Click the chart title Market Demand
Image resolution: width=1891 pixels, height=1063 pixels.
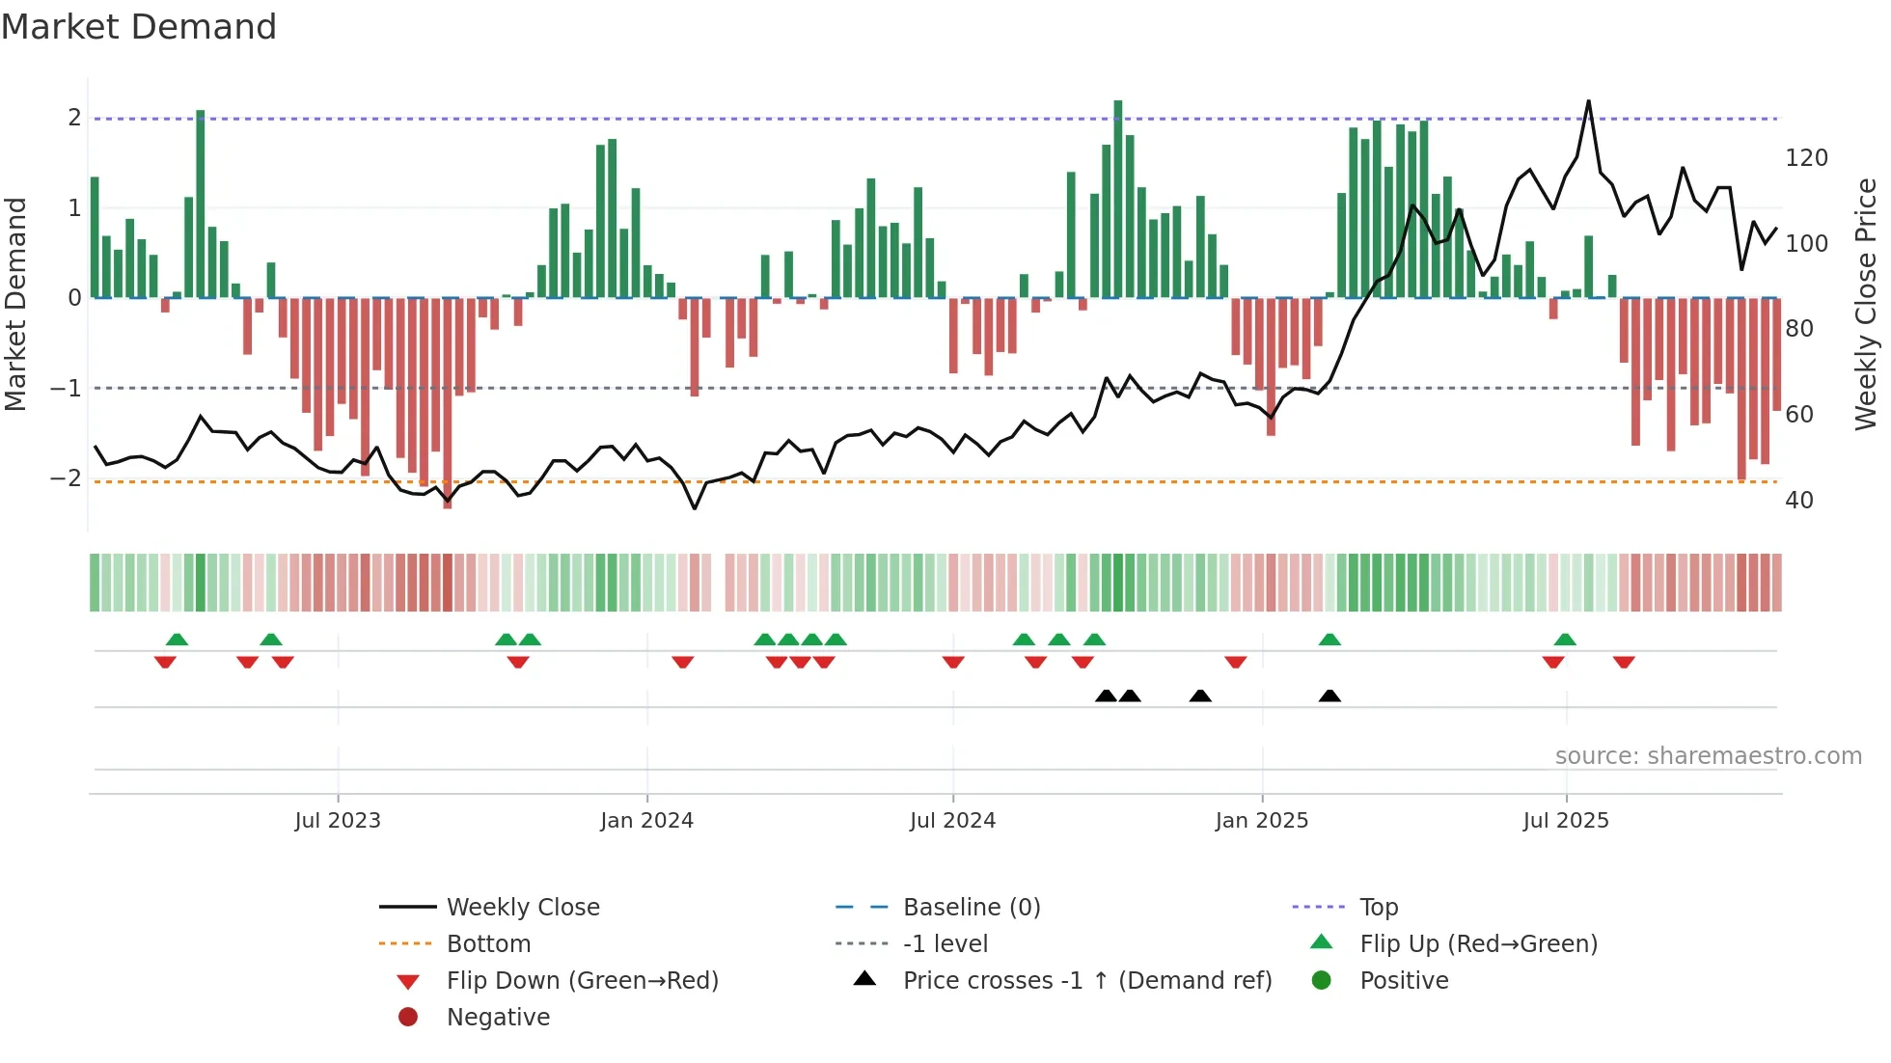139,27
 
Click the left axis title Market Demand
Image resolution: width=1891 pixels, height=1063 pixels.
15,304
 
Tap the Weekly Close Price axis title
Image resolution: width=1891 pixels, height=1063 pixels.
1866,304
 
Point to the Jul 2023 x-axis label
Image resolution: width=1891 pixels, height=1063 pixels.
338,821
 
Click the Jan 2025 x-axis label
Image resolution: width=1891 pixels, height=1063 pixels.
1261,821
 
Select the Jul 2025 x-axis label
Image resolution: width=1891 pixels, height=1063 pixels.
1566,821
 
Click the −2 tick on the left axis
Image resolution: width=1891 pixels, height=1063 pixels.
66,478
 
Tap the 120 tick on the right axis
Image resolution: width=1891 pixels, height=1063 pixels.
1806,158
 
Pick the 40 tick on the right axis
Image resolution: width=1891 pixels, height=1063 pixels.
1798,501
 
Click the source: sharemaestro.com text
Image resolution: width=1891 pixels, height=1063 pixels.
1708,756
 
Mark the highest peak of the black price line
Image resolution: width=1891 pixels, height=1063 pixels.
1588,101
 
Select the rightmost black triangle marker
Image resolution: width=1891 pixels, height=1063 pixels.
1329,696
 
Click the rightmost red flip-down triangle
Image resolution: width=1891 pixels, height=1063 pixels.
1624,662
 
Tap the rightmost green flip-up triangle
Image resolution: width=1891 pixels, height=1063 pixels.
1565,640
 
